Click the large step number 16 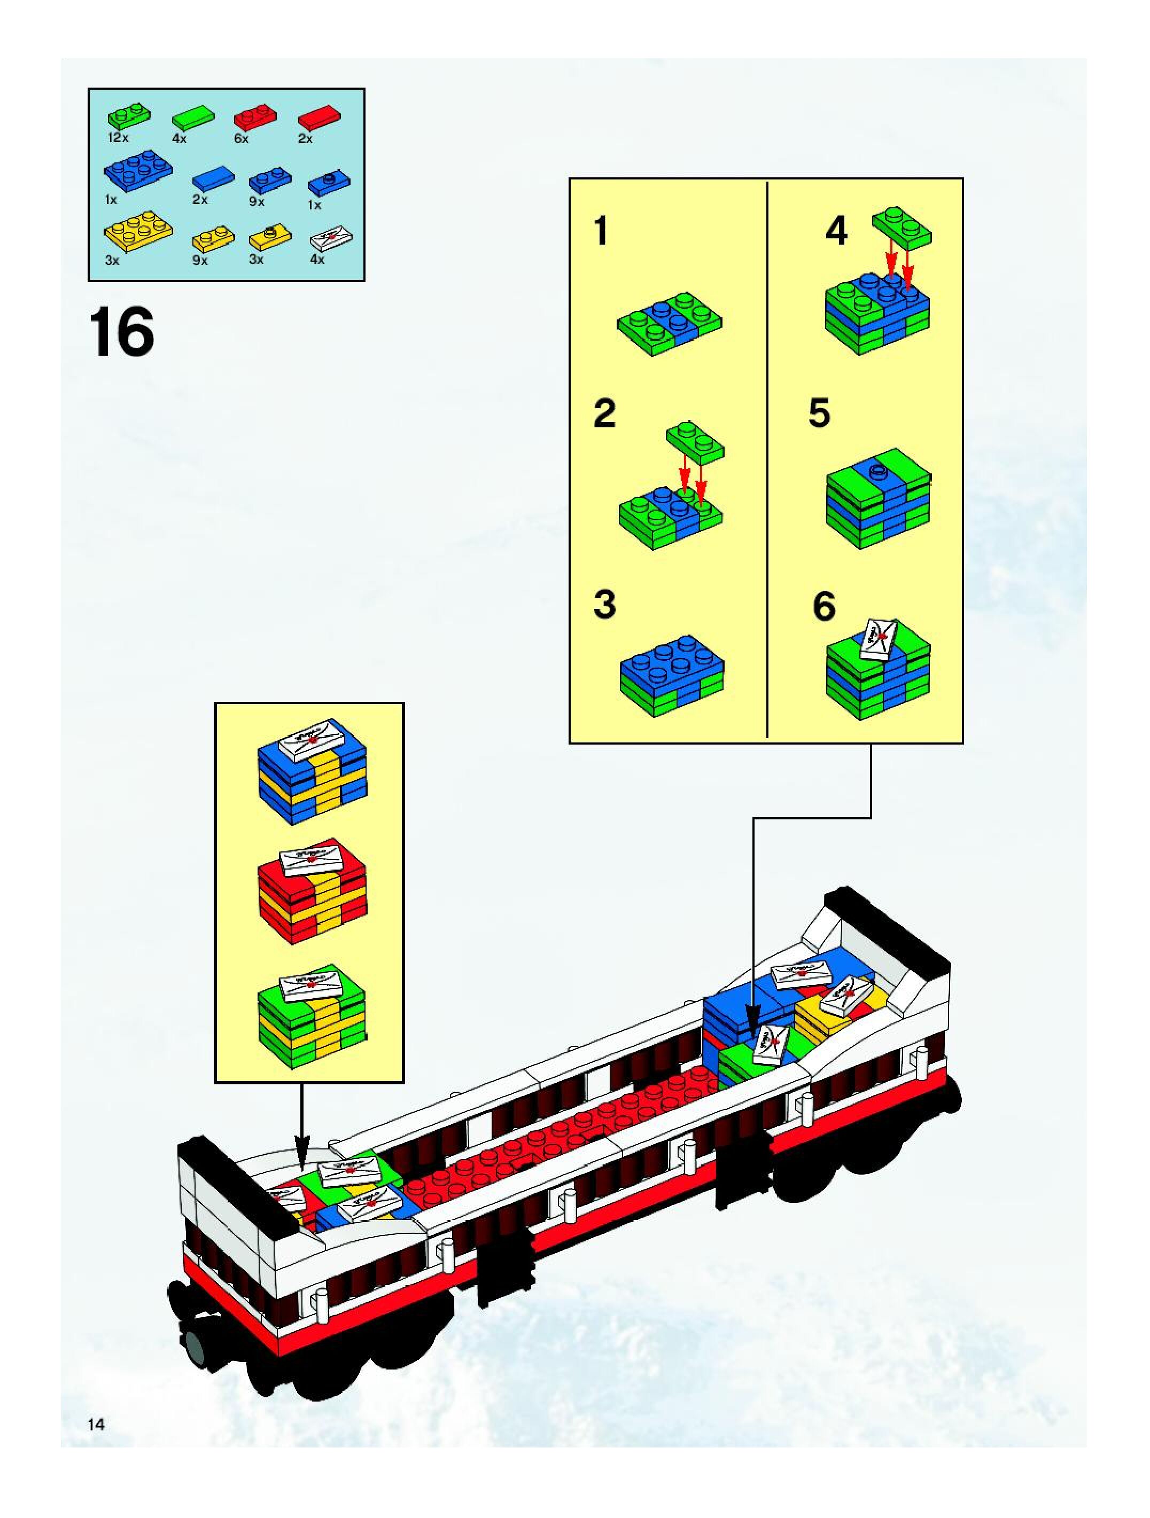tap(121, 333)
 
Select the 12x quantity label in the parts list tap(118, 138)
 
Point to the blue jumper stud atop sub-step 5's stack tap(877, 471)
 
